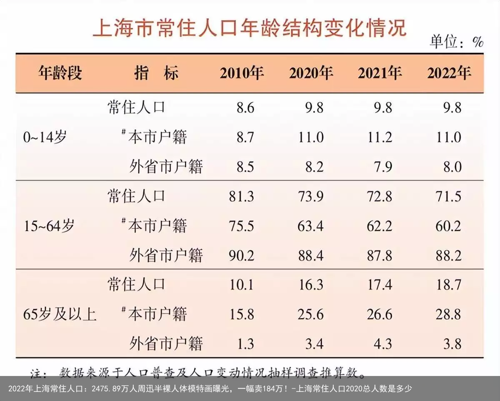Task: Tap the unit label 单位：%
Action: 456,42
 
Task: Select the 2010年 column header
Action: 242,73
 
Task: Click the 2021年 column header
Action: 379,73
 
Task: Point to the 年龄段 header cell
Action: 60,73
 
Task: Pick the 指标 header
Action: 156,73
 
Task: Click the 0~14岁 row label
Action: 45,137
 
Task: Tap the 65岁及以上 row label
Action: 60,314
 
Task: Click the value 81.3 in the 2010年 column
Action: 241,196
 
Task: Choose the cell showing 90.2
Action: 241,255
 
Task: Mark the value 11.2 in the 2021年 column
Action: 380,137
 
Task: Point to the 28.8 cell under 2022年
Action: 448,314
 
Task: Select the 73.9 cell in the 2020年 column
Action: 310,196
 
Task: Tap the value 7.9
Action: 383,167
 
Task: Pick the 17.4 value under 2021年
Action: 380,285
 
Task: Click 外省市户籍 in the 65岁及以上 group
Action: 166,343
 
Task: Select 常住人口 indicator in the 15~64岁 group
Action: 136,196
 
